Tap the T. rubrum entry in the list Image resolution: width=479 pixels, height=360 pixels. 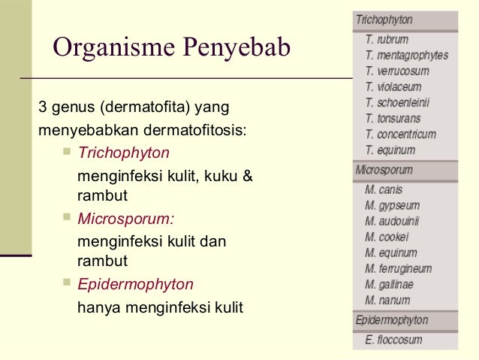tap(387, 39)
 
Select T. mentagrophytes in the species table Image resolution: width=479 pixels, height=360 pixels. tap(406, 55)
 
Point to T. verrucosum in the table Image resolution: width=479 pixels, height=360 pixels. tap(397, 71)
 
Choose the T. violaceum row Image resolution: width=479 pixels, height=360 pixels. tap(393, 86)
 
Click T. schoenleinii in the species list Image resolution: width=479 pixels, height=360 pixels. tap(398, 102)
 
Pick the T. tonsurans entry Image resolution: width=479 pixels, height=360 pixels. tap(393, 118)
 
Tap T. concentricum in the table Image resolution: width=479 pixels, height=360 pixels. tap(400, 134)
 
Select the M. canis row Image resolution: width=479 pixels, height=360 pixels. tap(384, 189)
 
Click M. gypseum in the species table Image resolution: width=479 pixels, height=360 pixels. tap(392, 205)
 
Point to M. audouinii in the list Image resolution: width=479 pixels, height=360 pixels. tap(392, 221)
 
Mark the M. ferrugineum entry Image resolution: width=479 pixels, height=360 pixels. tap(398, 268)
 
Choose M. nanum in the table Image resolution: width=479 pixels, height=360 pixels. tap(387, 301)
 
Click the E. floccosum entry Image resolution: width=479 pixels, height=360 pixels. tap(393, 340)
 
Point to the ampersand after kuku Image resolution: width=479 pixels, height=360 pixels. tap(249, 177)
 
